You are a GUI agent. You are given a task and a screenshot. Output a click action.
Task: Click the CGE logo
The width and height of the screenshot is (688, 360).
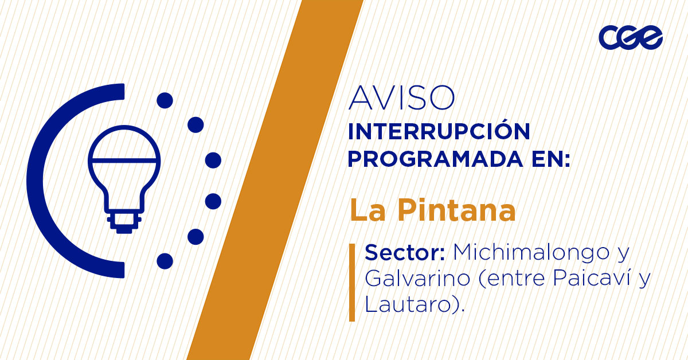point(630,38)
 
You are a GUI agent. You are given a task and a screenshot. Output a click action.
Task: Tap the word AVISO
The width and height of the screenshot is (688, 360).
point(401,98)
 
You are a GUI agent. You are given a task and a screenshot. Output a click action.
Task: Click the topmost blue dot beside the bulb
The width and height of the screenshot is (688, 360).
point(165,100)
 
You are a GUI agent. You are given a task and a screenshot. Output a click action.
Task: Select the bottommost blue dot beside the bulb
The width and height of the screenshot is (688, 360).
point(165,261)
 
